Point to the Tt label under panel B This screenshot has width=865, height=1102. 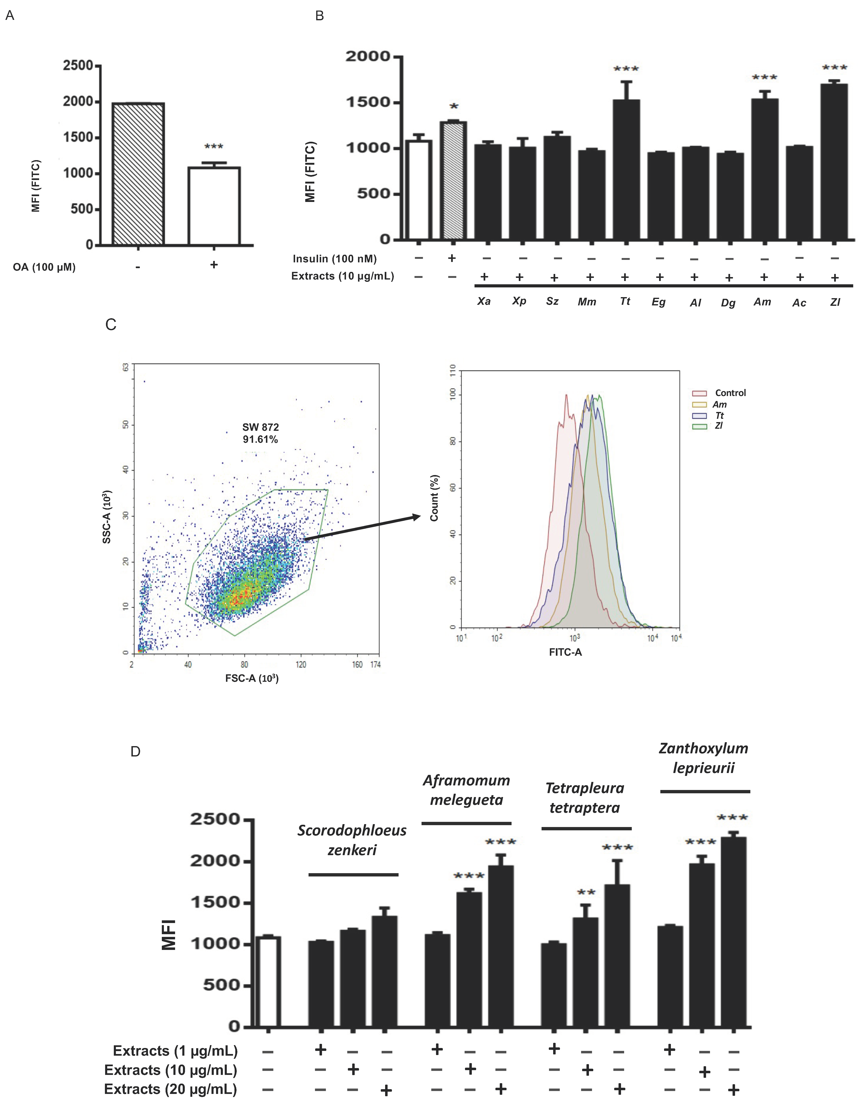[x=625, y=301]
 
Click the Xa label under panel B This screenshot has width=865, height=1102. [x=484, y=301]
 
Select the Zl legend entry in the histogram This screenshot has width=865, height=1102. [x=718, y=426]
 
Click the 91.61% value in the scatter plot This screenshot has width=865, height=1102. [x=260, y=440]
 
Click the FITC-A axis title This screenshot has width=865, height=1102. [x=565, y=652]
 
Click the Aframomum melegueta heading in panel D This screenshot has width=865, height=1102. [x=466, y=790]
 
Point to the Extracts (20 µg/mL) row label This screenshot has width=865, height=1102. [x=171, y=1089]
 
